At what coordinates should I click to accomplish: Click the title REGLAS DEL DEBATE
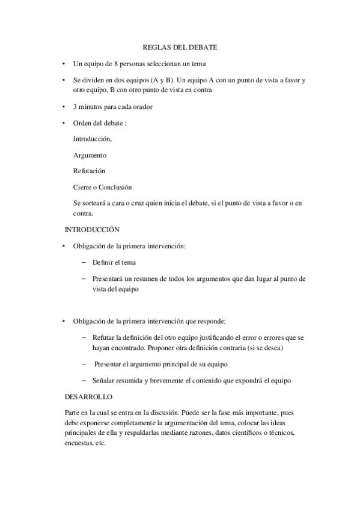(180, 46)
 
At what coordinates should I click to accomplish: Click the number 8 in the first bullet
(116, 63)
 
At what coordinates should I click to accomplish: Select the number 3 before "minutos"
(75, 106)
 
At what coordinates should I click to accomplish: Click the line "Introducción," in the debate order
(92, 138)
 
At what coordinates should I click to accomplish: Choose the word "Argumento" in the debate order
(90, 155)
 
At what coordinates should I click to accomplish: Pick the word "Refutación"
(89, 171)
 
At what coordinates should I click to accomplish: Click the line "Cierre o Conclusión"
(102, 187)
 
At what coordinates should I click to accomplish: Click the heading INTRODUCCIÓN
(92, 229)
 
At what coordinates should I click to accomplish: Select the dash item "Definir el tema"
(114, 262)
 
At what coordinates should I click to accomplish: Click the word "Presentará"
(108, 278)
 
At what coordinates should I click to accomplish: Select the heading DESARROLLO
(88, 397)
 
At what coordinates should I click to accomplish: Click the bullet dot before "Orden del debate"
(64, 123)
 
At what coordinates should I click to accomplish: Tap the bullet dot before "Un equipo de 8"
(64, 63)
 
